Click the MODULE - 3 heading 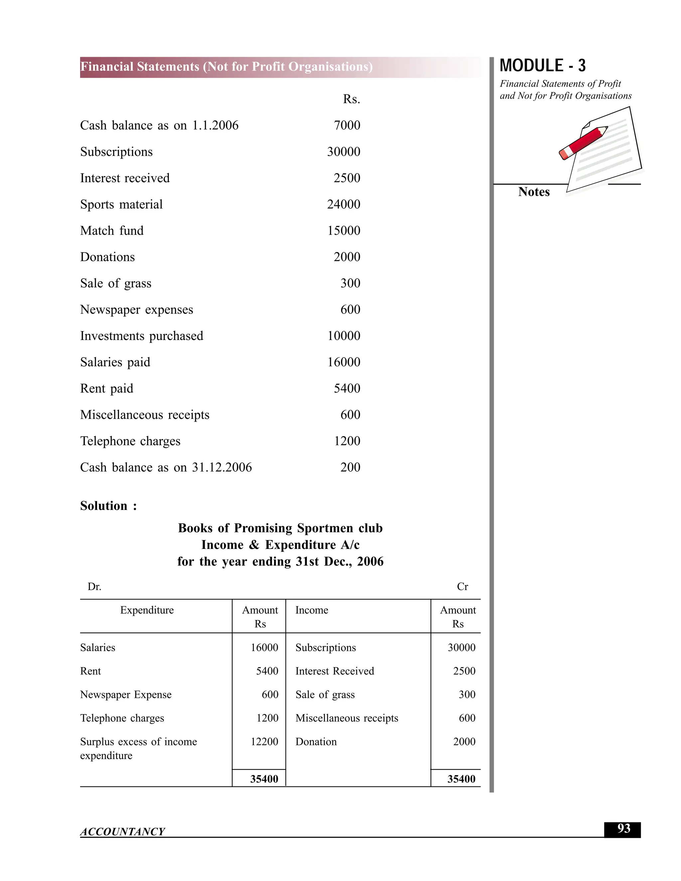point(542,66)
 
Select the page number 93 point(623,828)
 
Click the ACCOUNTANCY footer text point(122,831)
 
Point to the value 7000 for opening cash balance point(346,125)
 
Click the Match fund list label point(112,231)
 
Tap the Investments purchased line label point(142,336)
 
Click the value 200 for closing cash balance point(350,467)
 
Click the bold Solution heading point(108,506)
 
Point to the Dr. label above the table point(94,586)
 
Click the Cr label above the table point(462,586)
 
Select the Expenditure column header point(147,610)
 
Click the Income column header point(312,610)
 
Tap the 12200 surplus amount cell point(264,741)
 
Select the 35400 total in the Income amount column point(461,779)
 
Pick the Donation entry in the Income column point(316,741)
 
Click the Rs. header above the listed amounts point(351,99)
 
